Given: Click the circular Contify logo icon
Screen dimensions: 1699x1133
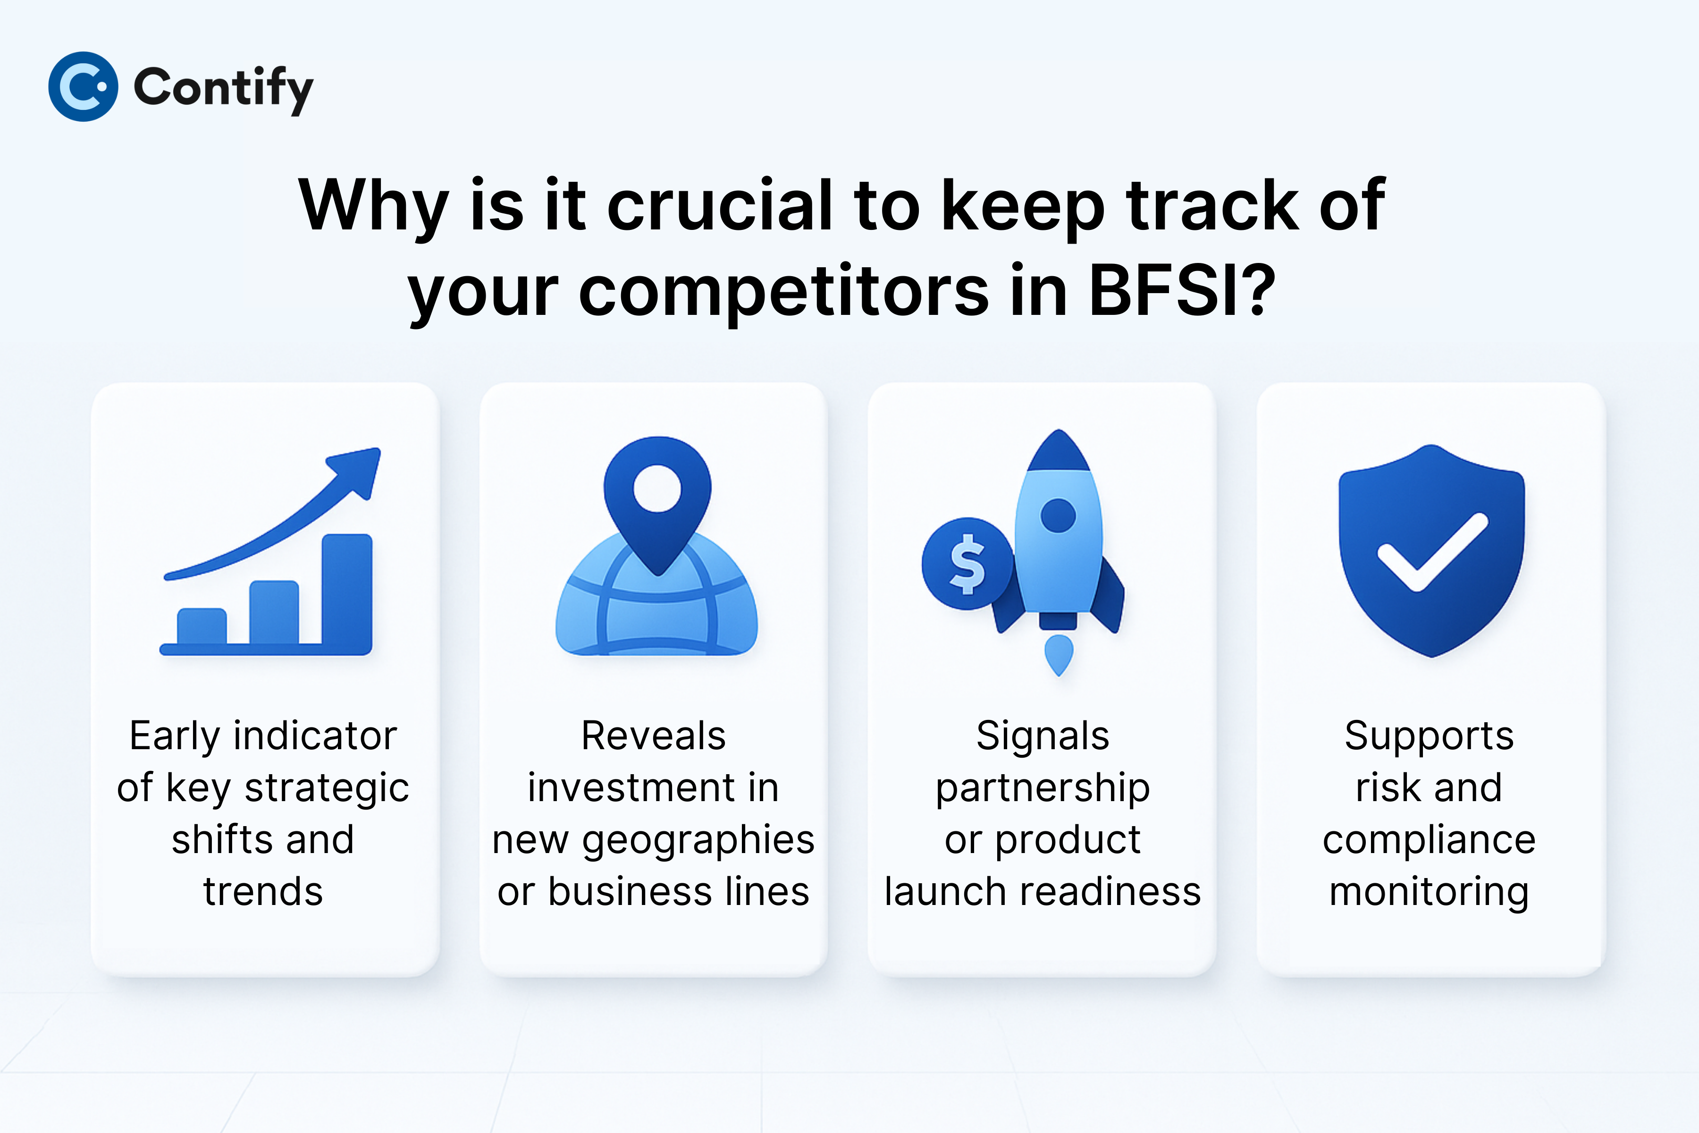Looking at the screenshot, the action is pyautogui.click(x=83, y=87).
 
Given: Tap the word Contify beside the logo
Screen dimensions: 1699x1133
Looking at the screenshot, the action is pyautogui.click(x=224, y=89).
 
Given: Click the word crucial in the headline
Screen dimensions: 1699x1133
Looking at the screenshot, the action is pyautogui.click(x=719, y=205).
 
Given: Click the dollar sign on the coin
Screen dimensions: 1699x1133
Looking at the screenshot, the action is pyautogui.click(x=967, y=564).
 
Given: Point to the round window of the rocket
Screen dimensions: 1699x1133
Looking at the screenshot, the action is pyautogui.click(x=1058, y=515).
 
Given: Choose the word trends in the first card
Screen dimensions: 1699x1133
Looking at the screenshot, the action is pyautogui.click(x=263, y=892).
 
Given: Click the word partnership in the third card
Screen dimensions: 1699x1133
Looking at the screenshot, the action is pyautogui.click(x=1043, y=789).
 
